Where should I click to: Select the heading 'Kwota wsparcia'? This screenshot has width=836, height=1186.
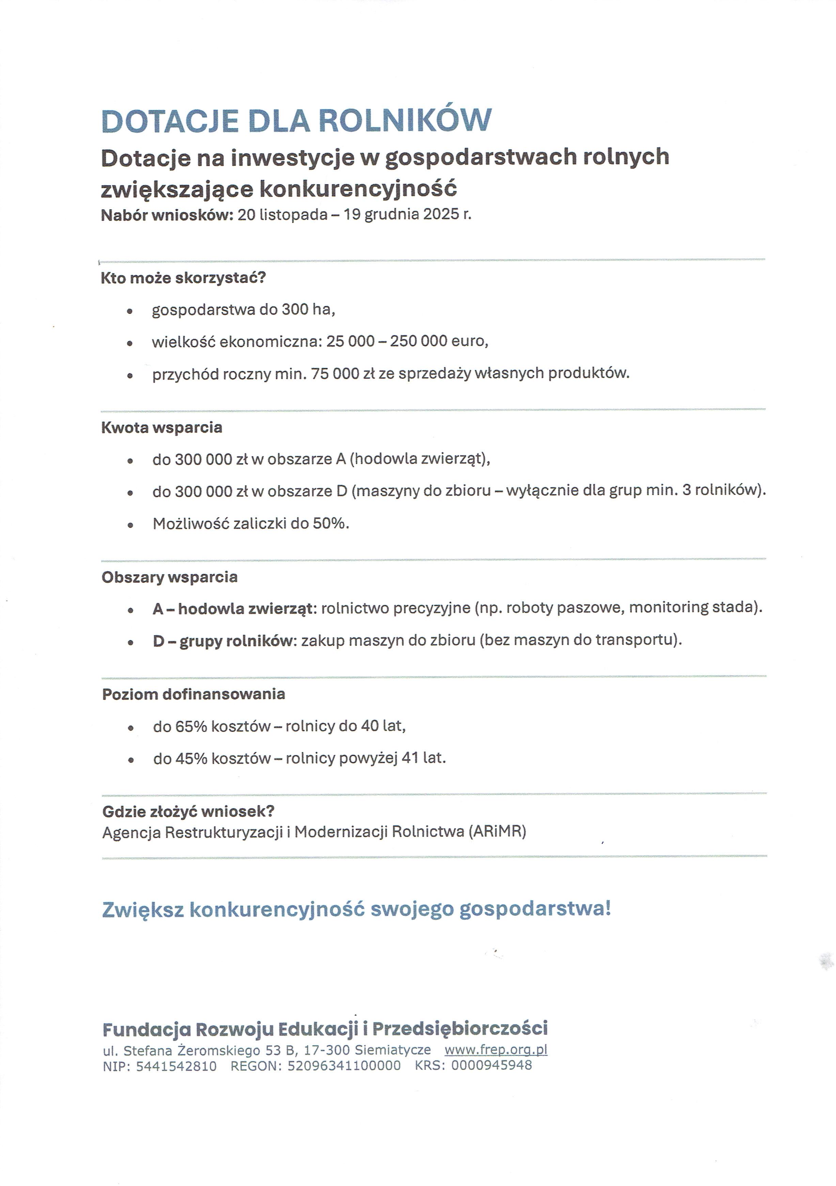pyautogui.click(x=162, y=428)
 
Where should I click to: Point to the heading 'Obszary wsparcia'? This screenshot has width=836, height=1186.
pyautogui.click(x=170, y=577)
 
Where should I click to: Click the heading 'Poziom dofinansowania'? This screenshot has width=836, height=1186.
pyautogui.click(x=193, y=694)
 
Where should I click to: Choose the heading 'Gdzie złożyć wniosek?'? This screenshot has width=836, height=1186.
pyautogui.click(x=188, y=812)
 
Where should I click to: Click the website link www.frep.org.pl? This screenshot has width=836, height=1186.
pyautogui.click(x=495, y=1049)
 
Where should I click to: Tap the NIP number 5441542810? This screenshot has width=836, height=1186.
pyautogui.click(x=176, y=1065)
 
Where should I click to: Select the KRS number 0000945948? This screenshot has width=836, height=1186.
pyautogui.click(x=491, y=1065)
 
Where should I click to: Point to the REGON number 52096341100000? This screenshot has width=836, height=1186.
pyautogui.click(x=344, y=1065)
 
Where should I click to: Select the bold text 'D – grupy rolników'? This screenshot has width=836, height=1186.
pyautogui.click(x=223, y=641)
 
